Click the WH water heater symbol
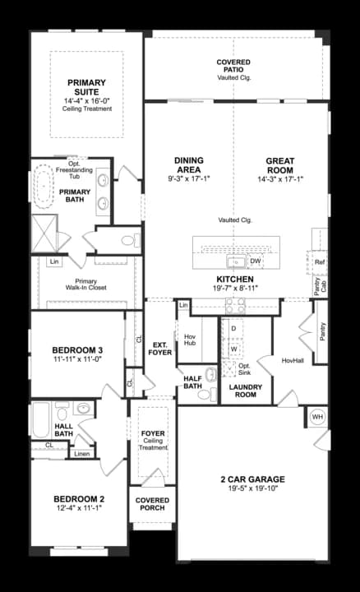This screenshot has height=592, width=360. point(317,417)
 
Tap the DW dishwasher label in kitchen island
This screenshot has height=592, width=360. point(255,261)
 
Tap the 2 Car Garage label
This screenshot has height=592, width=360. point(252,479)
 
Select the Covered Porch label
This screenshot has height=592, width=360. point(152,504)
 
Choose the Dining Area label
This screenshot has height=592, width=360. point(188,164)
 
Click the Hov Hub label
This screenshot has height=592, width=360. point(189,340)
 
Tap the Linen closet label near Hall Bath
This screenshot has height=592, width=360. point(81,453)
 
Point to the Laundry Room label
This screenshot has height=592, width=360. point(245,391)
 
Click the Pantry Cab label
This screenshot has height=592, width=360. point(319,286)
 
